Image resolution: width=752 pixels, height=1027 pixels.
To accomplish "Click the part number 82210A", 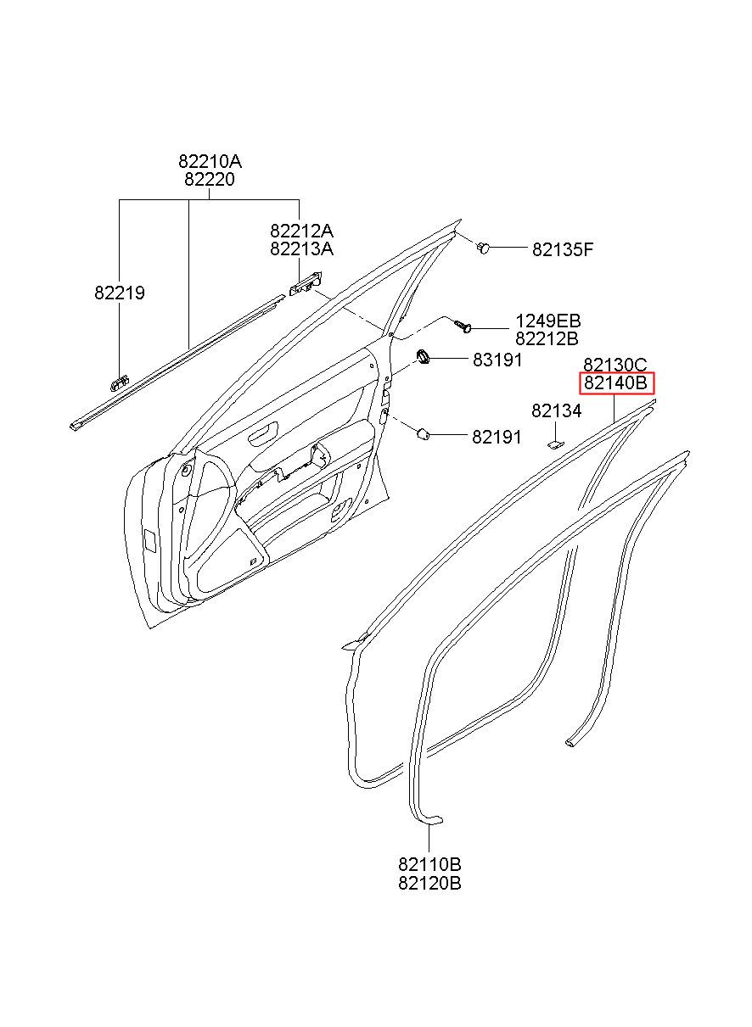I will coord(210,161).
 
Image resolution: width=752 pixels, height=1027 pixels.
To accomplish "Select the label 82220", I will coord(210,180).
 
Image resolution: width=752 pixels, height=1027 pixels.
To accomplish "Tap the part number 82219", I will coord(120,293).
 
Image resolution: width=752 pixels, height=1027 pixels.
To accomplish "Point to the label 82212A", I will coord(301,231).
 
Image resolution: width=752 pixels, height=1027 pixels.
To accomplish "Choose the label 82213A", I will coord(301,248).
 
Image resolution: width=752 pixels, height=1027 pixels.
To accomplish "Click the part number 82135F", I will coord(563,249).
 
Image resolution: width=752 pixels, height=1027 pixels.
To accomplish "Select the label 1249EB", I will coord(548,321).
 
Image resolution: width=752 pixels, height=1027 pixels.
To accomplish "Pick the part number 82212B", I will coord(547,339).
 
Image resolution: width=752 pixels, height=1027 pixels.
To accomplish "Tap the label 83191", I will coord(497,360).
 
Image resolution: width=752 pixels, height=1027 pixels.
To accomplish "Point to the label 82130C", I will coord(615,365).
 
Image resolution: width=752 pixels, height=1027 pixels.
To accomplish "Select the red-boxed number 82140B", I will coord(616,383).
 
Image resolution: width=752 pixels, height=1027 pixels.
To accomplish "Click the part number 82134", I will coord(557,411).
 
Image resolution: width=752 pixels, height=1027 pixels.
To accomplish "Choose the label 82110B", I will coord(429,864).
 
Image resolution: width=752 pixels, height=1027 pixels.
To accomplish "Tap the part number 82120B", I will coord(429,883).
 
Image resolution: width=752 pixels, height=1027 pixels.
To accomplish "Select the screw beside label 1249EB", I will coord(463,325).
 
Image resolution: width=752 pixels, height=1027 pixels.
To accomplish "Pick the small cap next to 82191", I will coord(422,434).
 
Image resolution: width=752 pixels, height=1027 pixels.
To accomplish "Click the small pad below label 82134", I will coord(553,440).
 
